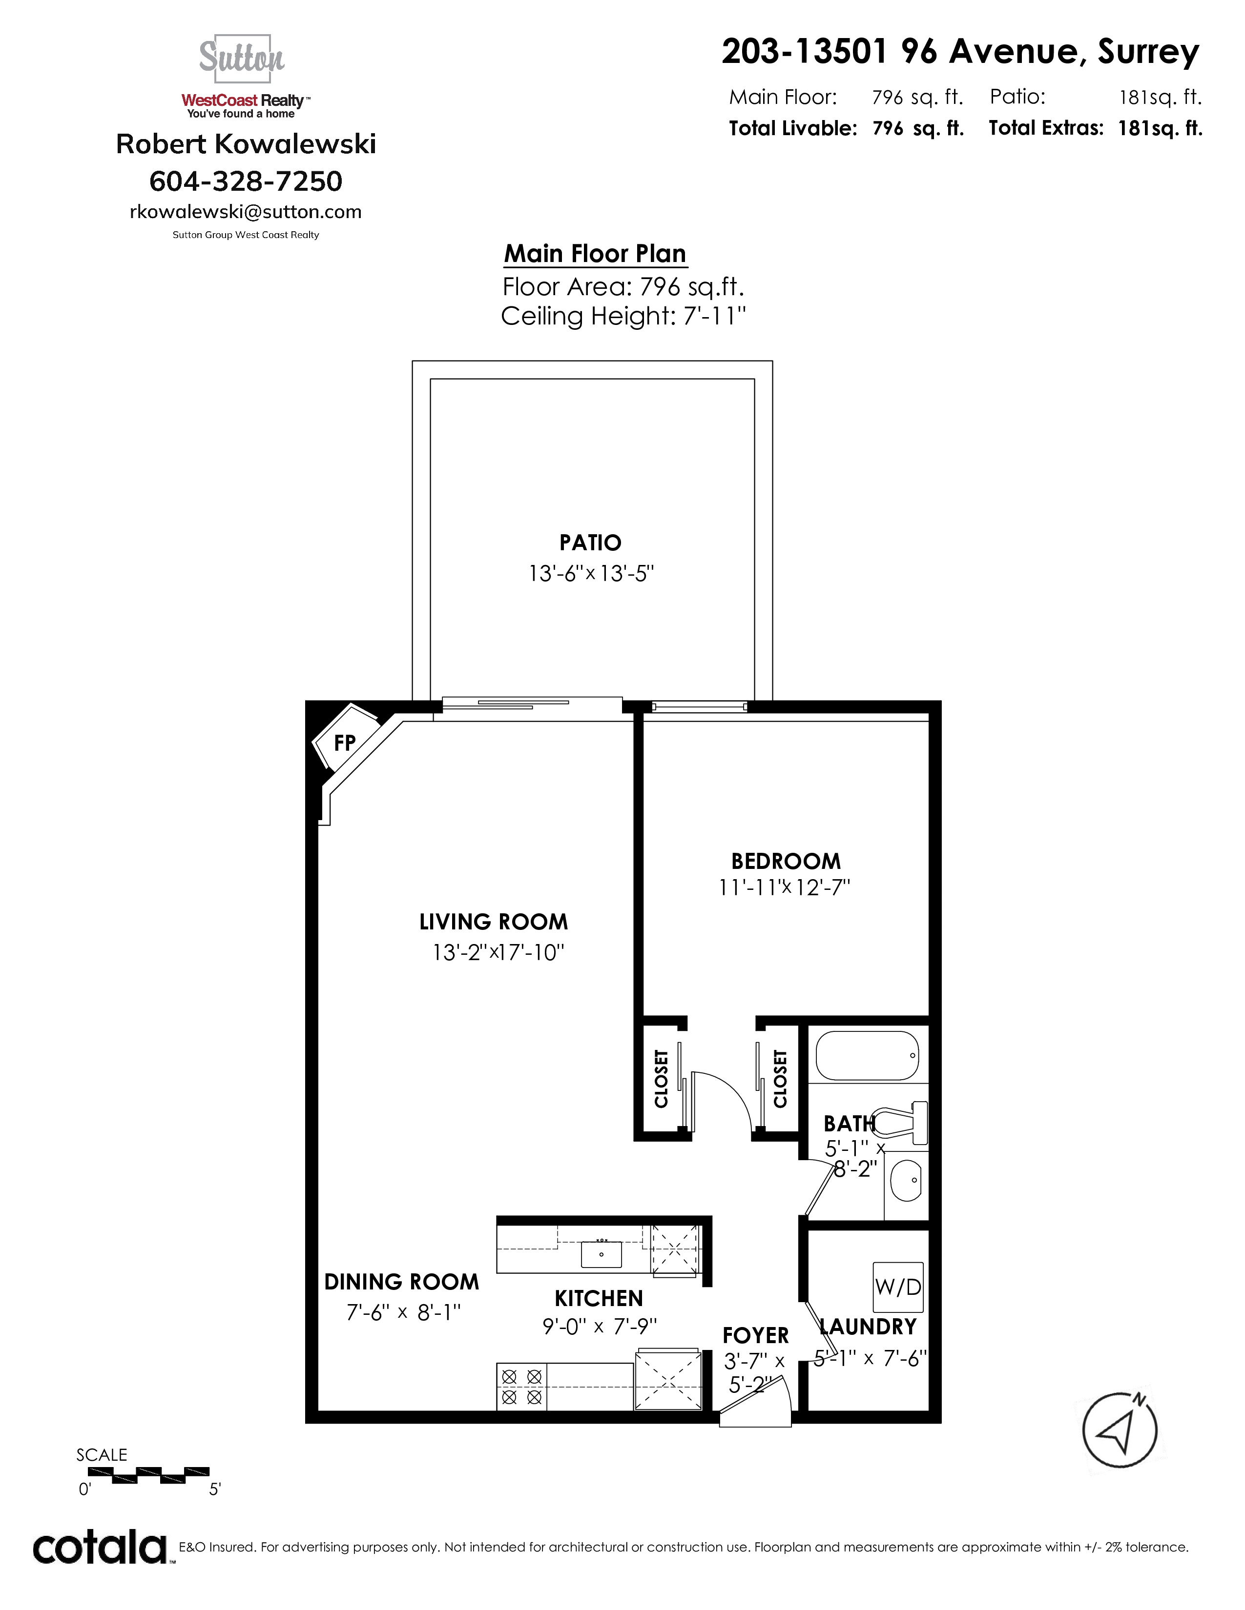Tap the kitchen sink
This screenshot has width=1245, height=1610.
pos(601,1254)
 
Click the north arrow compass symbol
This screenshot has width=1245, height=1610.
pos(1120,1430)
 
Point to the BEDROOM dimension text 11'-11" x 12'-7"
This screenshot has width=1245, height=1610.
pos(785,887)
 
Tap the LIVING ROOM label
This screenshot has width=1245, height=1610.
pos(494,922)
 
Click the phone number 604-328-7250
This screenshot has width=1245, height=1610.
pos(246,181)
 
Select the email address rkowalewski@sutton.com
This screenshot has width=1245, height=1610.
pos(246,212)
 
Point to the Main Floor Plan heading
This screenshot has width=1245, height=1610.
pos(595,254)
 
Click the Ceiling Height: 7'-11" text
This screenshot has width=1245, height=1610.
pos(623,316)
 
